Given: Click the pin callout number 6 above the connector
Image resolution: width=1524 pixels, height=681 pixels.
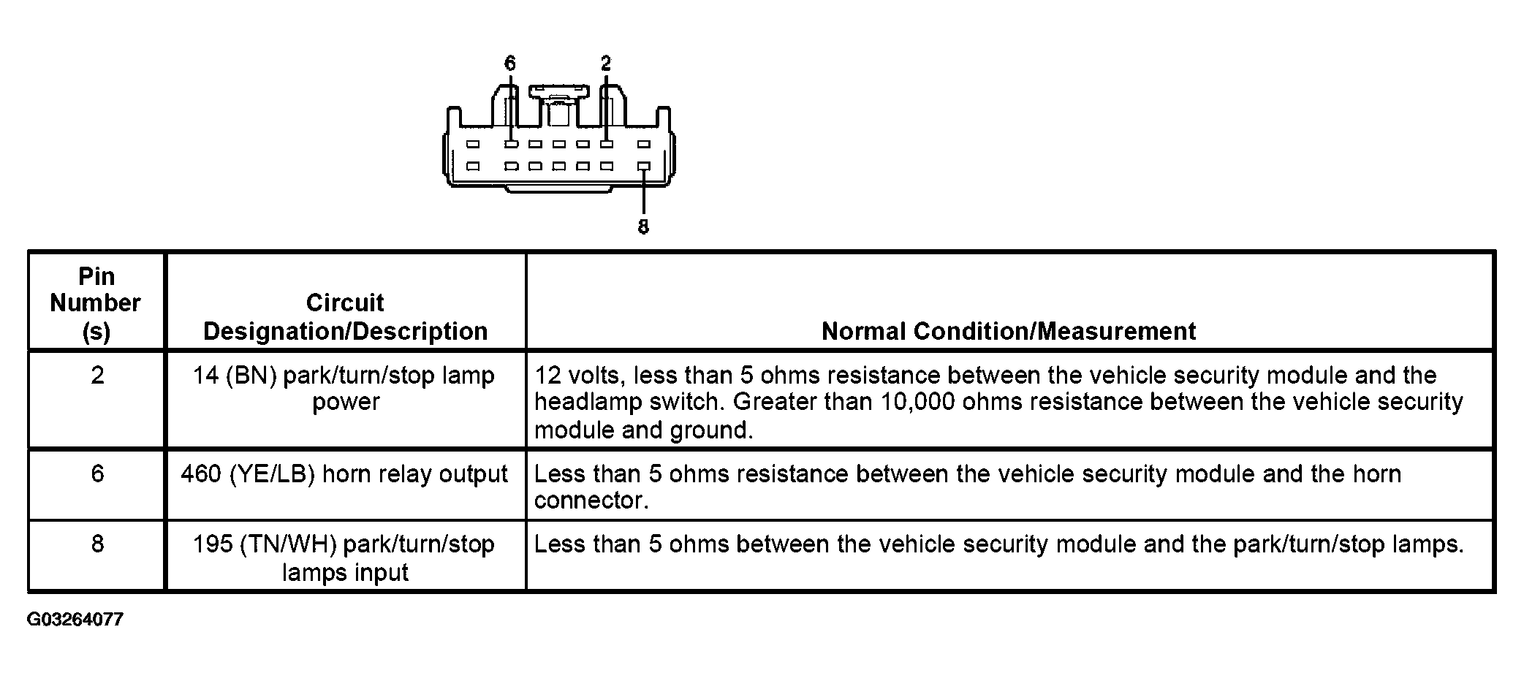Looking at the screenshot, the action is (x=510, y=64).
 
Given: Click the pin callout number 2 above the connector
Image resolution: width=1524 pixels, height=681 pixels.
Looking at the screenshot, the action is (x=606, y=64).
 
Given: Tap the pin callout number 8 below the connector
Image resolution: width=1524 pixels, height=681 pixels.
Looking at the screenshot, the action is (x=643, y=227).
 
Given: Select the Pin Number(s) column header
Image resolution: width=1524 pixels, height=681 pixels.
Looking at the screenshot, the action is (x=96, y=303).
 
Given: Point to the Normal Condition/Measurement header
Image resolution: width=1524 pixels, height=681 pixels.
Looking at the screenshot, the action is (x=1009, y=331).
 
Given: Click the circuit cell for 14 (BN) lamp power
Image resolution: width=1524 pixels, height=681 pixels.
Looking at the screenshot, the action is (x=344, y=389).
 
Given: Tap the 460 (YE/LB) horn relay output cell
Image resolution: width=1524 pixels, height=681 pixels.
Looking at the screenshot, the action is (x=344, y=475).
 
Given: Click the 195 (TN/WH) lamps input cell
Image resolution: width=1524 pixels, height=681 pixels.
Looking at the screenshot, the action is (x=344, y=558).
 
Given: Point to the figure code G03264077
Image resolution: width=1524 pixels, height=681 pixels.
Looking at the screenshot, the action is (x=75, y=620).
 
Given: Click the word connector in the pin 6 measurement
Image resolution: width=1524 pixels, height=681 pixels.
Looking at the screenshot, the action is (x=591, y=501).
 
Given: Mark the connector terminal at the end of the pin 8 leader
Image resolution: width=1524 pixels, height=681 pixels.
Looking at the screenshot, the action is (x=644, y=167).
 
